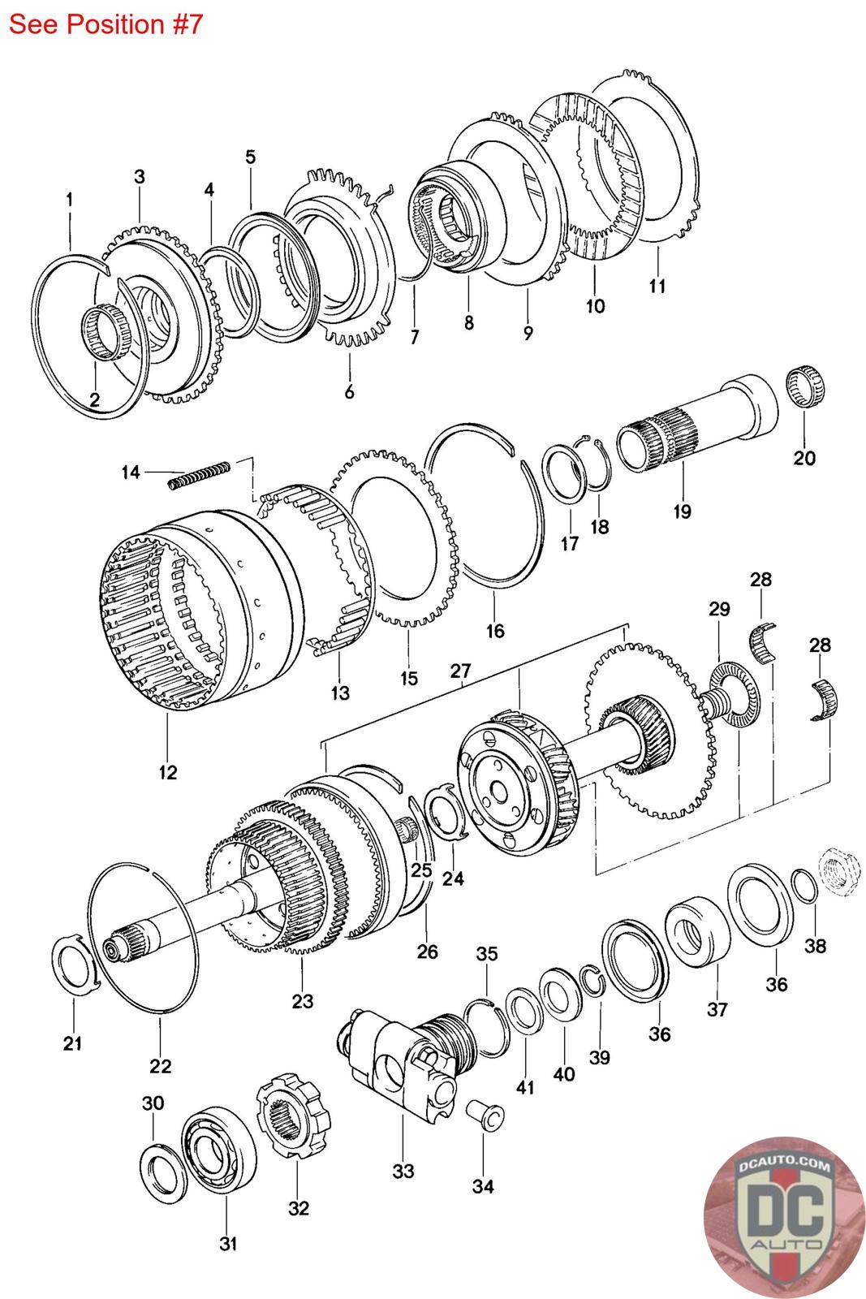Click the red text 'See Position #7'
pyautogui.click(x=106, y=24)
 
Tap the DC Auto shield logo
pyautogui.click(x=784, y=1216)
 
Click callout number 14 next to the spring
pyautogui.click(x=131, y=472)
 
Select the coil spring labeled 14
pyautogui.click(x=199, y=474)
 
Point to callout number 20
pyautogui.click(x=804, y=458)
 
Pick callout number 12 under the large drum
pyautogui.click(x=167, y=772)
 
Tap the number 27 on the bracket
pyautogui.click(x=461, y=671)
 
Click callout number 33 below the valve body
pyautogui.click(x=403, y=1171)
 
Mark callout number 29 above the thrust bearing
pyautogui.click(x=719, y=609)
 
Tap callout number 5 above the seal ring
pyautogui.click(x=250, y=157)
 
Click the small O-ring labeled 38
pyautogui.click(x=805, y=886)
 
